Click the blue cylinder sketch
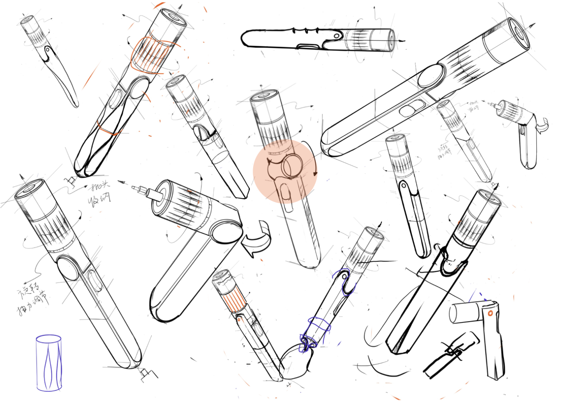(49, 363)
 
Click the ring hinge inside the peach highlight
(292, 165)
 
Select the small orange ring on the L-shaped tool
(490, 313)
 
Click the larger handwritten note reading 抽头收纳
(99, 194)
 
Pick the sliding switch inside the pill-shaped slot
(408, 110)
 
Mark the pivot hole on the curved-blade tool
(48, 50)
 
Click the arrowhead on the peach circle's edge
(315, 173)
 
